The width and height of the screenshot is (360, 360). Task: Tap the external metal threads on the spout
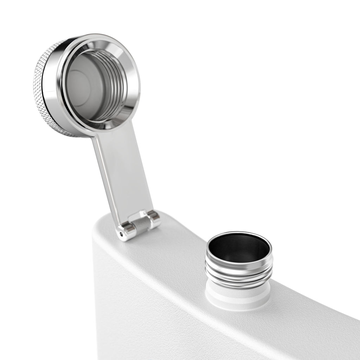pos(239,274)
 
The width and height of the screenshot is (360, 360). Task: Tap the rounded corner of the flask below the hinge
pos(100,232)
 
